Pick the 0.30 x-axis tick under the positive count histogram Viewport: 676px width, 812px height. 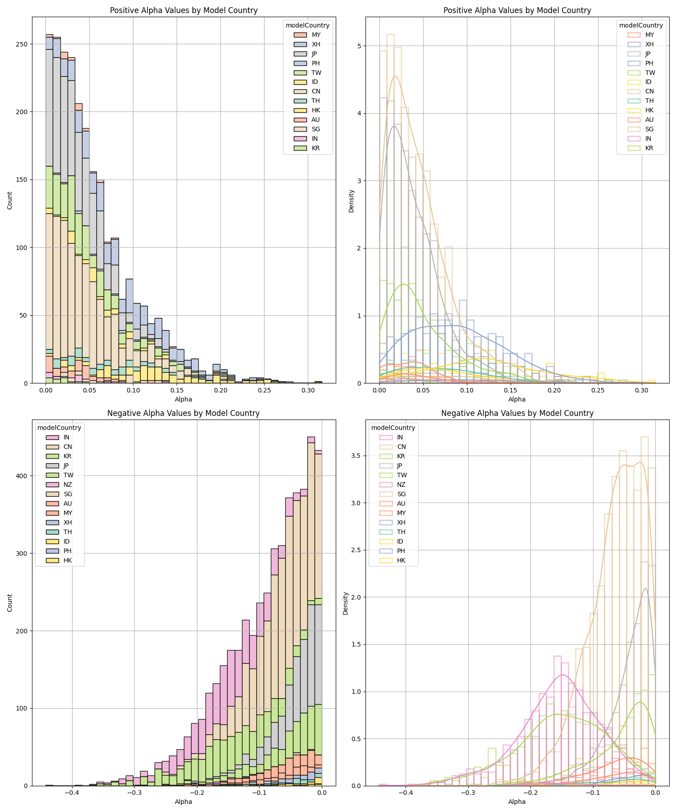pos(308,389)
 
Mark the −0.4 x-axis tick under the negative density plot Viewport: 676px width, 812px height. pos(406,792)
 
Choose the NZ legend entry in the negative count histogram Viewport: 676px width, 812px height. pos(68,484)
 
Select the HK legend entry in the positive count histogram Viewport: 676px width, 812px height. pos(316,110)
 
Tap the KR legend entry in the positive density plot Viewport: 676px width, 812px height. pos(649,148)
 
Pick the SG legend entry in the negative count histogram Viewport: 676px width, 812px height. pos(68,494)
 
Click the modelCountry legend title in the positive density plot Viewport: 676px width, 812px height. pos(641,25)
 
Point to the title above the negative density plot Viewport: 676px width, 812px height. pos(517,413)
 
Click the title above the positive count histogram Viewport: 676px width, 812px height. pos(183,10)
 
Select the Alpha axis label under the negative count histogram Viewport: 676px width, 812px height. pos(183,802)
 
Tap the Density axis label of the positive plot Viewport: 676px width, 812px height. pos(352,201)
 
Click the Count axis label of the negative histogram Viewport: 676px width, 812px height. pos(10,603)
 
